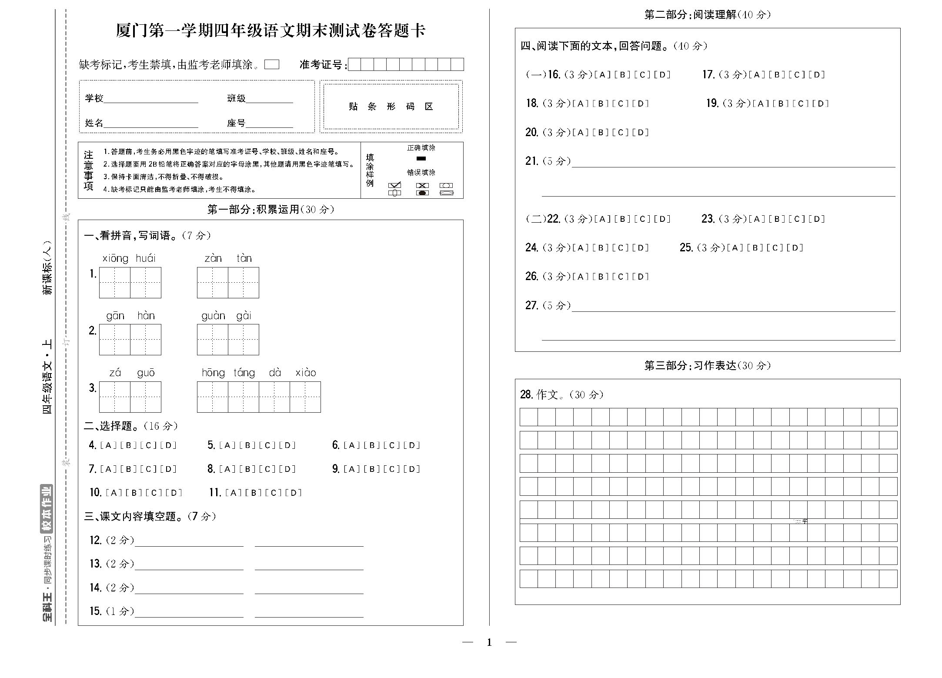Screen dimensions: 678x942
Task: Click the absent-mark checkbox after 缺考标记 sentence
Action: (272, 64)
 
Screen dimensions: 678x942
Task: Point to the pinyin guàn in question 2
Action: (213, 316)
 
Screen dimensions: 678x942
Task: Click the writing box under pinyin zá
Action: (115, 397)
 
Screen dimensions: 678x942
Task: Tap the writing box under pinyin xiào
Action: (305, 397)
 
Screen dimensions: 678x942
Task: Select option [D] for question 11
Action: (296, 493)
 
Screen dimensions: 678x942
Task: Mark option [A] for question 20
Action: (580, 133)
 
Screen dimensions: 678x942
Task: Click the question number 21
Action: (531, 161)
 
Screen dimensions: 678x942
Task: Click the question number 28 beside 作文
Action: (526, 395)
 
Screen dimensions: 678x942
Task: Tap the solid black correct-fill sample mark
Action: (421, 159)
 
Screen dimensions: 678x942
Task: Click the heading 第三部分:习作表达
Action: (707, 366)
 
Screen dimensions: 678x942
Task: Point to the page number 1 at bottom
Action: (489, 642)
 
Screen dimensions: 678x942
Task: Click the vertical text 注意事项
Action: (89, 170)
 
